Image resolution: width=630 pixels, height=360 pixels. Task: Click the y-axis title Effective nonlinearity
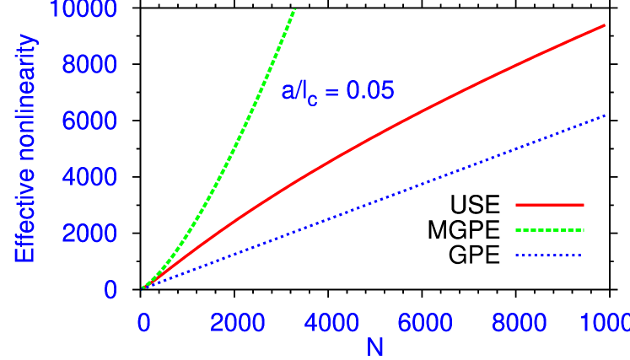point(25,148)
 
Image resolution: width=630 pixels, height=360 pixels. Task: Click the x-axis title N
point(374,346)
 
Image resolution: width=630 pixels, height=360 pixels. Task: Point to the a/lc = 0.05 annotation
point(337,92)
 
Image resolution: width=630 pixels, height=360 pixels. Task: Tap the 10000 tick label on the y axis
point(83,10)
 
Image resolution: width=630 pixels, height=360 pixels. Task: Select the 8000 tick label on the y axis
point(89,66)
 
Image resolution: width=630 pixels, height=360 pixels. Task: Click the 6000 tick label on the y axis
point(89,121)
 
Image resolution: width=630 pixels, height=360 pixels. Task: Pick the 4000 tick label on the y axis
point(89,178)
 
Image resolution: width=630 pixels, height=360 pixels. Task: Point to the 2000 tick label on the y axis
point(89,234)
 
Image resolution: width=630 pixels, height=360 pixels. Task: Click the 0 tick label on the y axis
point(110,290)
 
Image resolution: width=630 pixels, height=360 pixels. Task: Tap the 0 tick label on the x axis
point(143,323)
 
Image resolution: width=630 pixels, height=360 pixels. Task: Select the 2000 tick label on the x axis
point(237,323)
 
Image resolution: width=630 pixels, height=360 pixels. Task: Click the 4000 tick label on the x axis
point(331,323)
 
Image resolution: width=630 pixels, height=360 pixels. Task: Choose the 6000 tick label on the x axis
point(424,323)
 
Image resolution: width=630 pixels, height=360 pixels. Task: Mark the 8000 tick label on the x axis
point(518,323)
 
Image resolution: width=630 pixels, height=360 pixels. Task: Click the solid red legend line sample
point(549,205)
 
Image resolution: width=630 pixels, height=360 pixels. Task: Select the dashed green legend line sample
point(549,230)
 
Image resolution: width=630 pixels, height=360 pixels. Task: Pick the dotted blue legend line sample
point(549,255)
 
